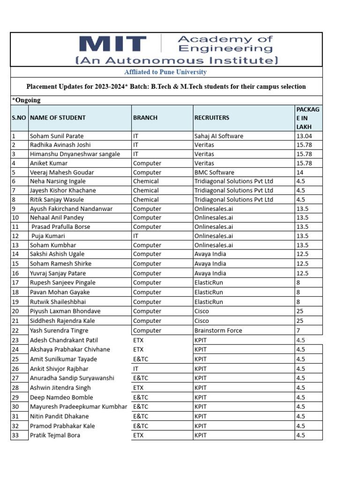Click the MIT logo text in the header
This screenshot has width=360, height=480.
pos(112,44)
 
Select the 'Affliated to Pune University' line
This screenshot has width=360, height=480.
pos(165,72)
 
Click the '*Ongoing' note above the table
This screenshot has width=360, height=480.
pos(26,100)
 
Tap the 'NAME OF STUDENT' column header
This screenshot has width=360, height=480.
pos(58,118)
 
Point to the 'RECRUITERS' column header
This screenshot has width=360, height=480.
pos(212,118)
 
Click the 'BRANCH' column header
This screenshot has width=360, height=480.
pos(145,118)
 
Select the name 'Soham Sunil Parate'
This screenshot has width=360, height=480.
pos(57,136)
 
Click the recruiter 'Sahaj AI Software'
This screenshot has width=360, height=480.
pos(219,136)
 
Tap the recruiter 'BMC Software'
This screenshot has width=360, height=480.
pos(214,172)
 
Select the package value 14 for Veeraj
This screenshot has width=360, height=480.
pos(300,172)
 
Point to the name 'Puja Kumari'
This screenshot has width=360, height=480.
pos(48,236)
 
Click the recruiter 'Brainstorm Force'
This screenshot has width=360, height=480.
pos(218,330)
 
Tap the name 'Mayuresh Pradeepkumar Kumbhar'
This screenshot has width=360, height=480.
pos(78,407)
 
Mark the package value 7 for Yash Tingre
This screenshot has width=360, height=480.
pos(298,330)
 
